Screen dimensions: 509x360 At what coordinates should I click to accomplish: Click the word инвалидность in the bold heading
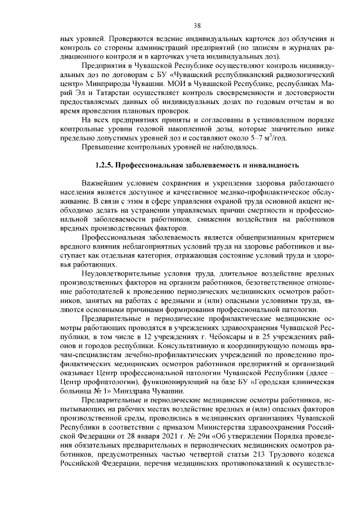(x=269, y=166)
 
